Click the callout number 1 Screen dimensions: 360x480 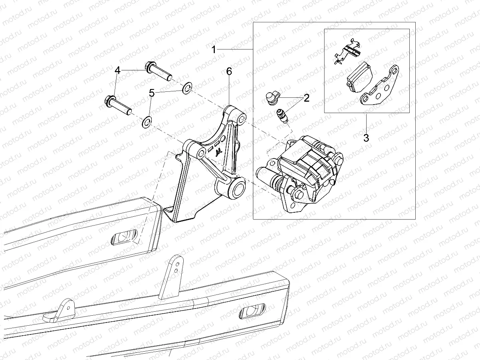[214, 50]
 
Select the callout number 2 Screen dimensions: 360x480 [306, 98]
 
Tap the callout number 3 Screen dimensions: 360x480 [366, 138]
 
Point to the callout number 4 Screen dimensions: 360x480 [117, 71]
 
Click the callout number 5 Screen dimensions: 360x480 [151, 93]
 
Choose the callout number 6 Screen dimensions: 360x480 [229, 71]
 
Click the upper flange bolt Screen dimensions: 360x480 [159, 71]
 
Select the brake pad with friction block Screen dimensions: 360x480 [359, 76]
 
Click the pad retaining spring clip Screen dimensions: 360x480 [347, 51]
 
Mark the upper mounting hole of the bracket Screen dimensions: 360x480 [242, 119]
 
